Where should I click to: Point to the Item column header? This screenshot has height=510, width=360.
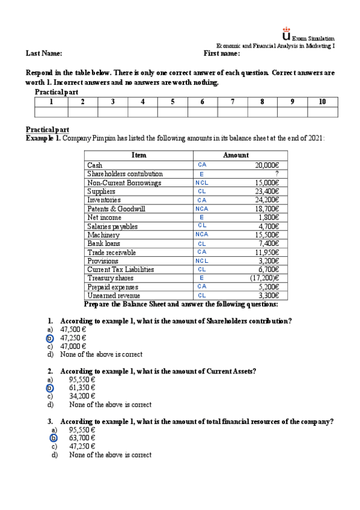coord(138,155)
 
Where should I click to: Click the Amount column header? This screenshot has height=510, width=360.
coord(236,155)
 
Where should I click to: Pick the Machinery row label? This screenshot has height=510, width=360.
coord(103,235)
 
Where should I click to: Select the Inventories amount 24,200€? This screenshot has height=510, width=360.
coord(267,200)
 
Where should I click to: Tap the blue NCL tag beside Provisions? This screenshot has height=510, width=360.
coord(202,261)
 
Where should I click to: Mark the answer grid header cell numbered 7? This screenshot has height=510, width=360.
coord(232,102)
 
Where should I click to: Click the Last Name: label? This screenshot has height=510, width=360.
coord(44,54)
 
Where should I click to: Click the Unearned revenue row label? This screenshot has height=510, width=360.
coord(114,296)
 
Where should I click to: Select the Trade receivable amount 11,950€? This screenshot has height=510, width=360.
coord(267,252)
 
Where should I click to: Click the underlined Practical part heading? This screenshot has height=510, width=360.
coord(47,130)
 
